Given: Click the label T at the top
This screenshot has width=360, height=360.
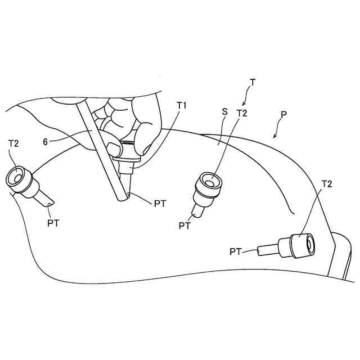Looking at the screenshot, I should click(x=252, y=82).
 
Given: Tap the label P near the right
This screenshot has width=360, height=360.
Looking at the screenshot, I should click(x=284, y=114).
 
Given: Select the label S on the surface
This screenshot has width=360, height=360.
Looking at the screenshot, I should click(x=224, y=112).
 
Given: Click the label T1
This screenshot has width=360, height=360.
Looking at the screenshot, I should click(x=181, y=105).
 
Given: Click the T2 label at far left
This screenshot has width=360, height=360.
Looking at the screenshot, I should click(x=13, y=143).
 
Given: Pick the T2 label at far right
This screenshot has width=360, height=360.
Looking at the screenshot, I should click(x=326, y=184).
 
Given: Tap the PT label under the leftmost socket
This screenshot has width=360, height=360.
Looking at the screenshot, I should click(x=53, y=223).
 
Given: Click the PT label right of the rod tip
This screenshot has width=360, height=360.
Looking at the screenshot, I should click(x=160, y=204).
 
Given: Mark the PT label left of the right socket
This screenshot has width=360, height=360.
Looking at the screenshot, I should click(x=236, y=251).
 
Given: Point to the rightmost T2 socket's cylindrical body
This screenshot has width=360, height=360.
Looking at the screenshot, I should click(x=298, y=245).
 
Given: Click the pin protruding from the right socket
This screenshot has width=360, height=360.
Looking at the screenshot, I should click(x=267, y=249).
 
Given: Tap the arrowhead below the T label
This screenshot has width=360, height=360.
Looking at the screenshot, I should click(x=243, y=104).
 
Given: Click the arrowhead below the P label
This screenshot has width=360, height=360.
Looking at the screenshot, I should click(x=274, y=137).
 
